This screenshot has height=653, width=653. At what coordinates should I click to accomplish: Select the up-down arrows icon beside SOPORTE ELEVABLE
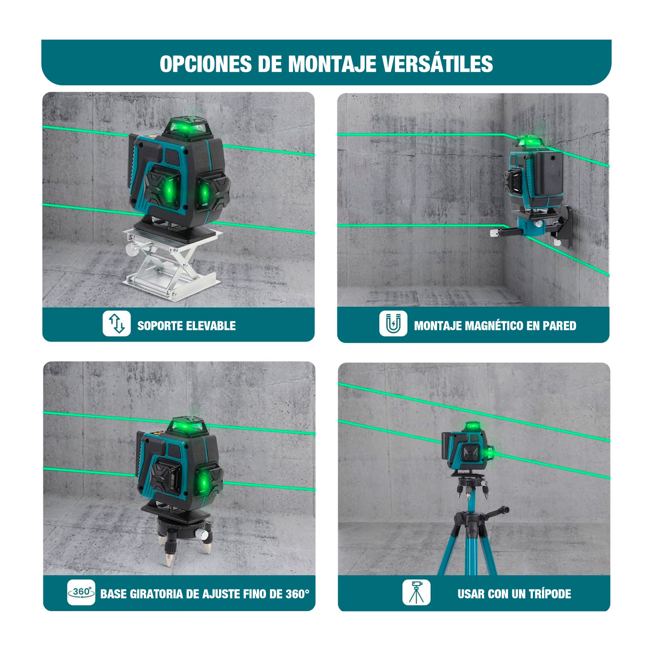coord(117,323)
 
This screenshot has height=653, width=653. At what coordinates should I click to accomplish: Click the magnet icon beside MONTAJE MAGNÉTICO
coord(393,323)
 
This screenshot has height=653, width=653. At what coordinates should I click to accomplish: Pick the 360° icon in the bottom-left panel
coord(81,592)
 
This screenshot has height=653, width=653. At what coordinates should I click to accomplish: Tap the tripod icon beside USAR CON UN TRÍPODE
coord(417,592)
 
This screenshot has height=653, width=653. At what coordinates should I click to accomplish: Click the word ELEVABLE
coord(211,326)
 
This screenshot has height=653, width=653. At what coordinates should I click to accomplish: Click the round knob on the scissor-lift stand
coord(132,250)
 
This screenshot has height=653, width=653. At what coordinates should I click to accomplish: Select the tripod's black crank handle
coord(494,513)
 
